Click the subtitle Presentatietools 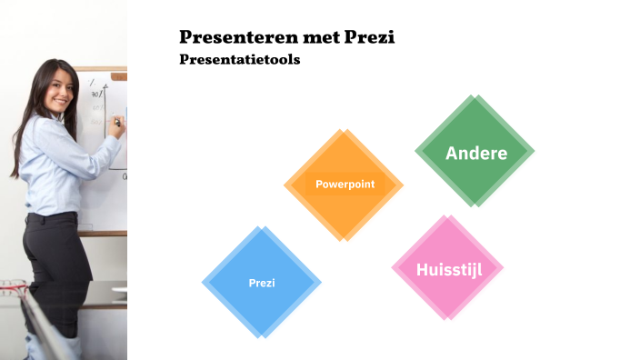[x=239, y=60]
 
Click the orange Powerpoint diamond [x=344, y=205]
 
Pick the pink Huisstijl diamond [x=447, y=291]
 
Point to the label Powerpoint [x=345, y=184]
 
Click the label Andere [x=476, y=153]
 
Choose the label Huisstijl [x=448, y=269]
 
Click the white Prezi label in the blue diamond [x=262, y=283]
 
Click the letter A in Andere [x=452, y=153]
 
